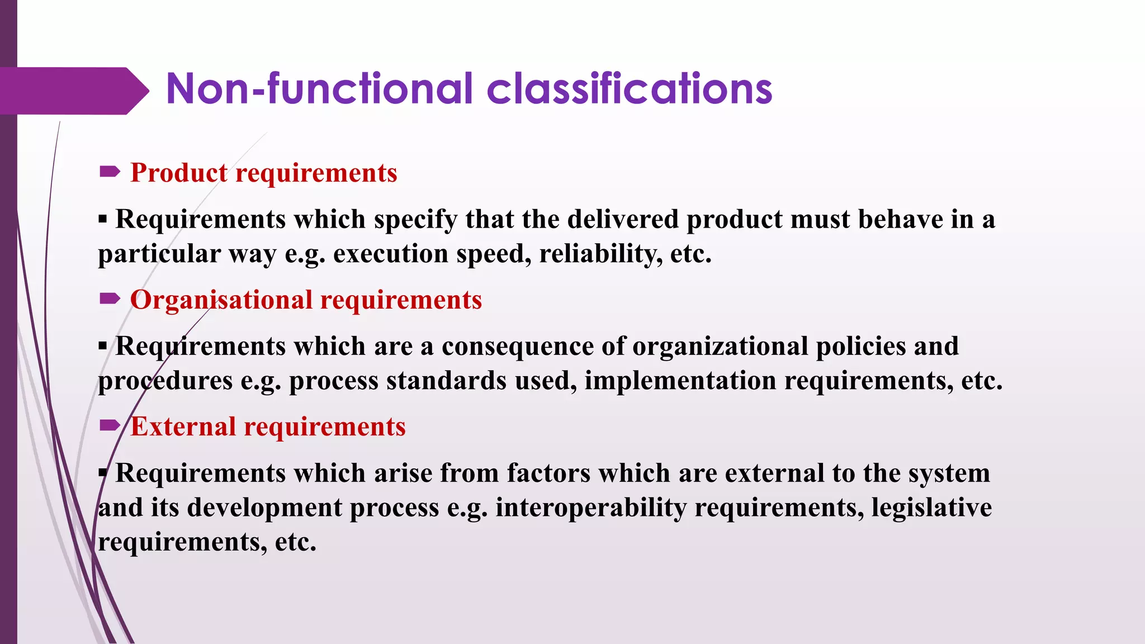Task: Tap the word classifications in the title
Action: (629, 89)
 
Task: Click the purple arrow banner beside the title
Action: (73, 91)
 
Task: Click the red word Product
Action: (179, 173)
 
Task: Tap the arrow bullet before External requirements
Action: (110, 426)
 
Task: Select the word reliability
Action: (600, 254)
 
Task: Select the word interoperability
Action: (591, 508)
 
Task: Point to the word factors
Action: (548, 473)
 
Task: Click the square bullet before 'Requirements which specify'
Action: (102, 219)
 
